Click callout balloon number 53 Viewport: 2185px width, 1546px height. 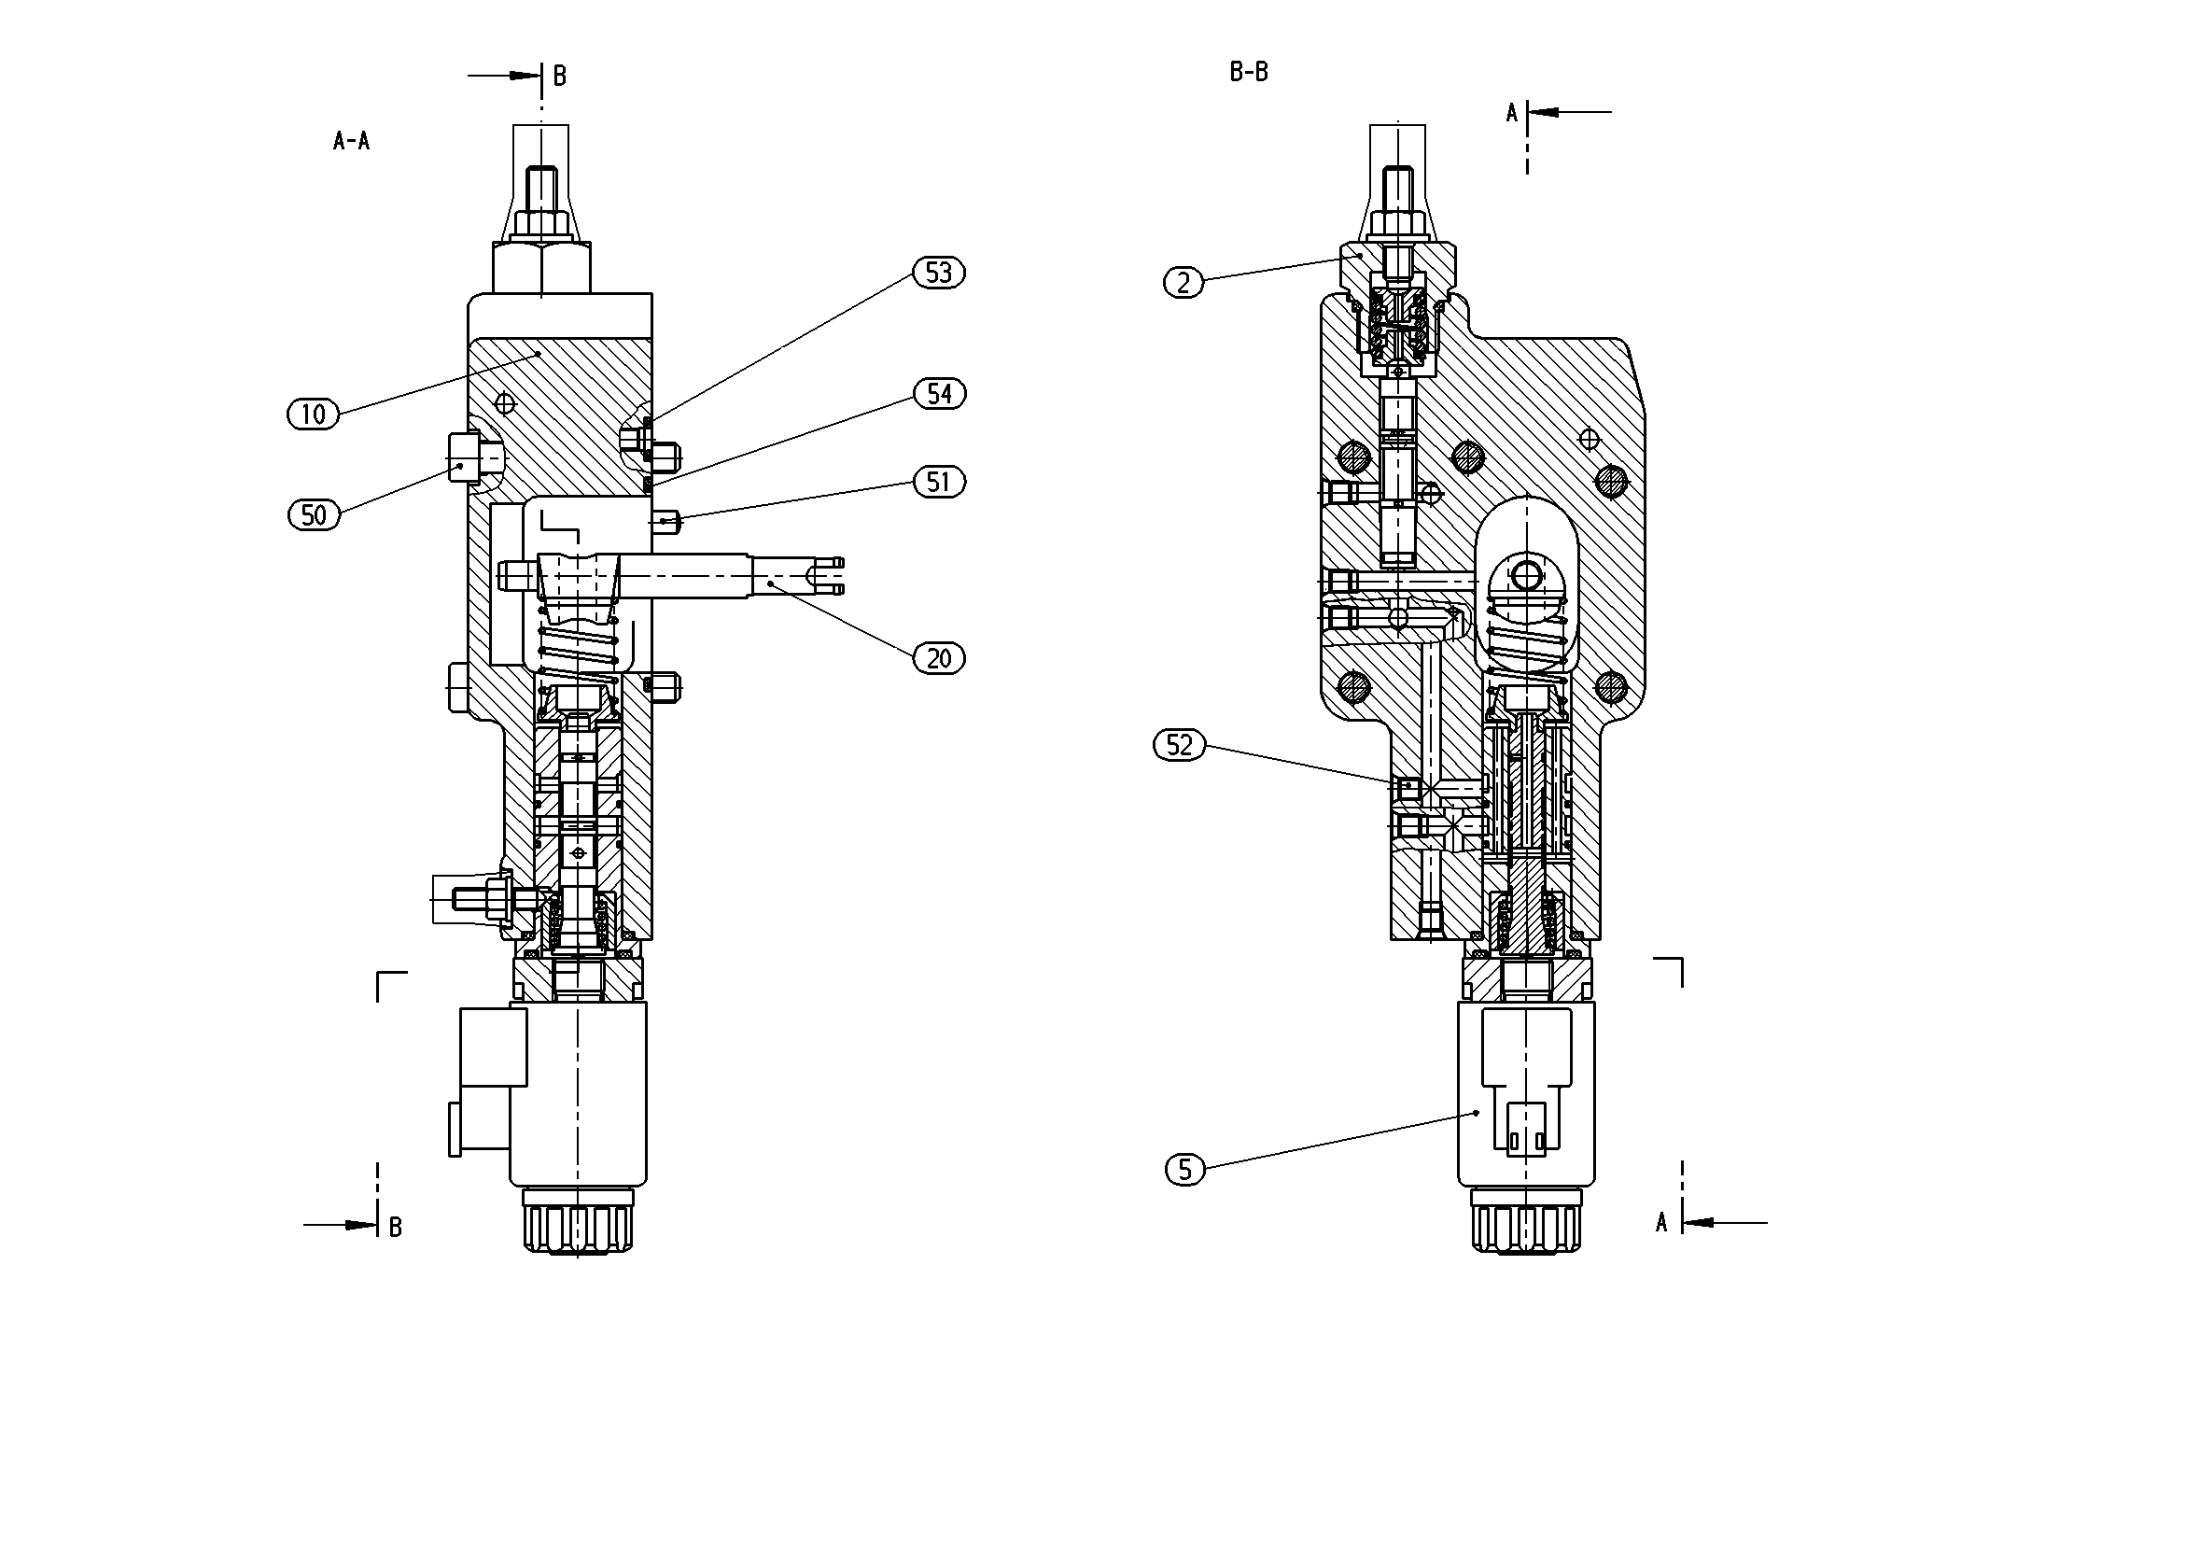tap(938, 274)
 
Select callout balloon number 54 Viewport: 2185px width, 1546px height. tap(939, 393)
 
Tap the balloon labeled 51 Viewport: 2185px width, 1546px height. tap(938, 482)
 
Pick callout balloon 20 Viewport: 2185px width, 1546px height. tap(938, 658)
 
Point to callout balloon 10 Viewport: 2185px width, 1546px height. tap(313, 415)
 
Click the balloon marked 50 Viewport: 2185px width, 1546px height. tap(313, 515)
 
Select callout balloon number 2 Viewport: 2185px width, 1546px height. tap(1184, 283)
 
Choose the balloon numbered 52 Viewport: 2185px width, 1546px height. tap(1179, 744)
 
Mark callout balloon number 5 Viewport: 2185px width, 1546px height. tap(1184, 1169)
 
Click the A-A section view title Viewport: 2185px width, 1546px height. tap(351, 141)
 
